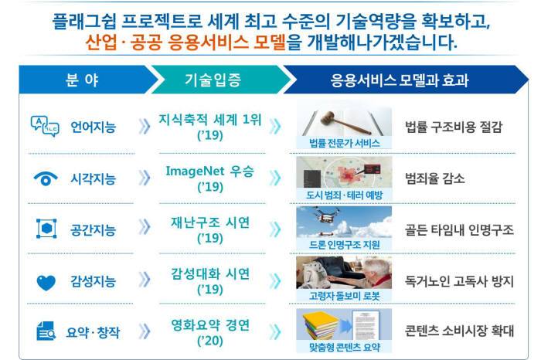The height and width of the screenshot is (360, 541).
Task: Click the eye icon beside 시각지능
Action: [x=46, y=178]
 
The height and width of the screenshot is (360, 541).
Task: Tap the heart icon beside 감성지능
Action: [x=46, y=283]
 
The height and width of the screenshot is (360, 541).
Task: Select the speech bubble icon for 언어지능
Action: [x=45, y=126]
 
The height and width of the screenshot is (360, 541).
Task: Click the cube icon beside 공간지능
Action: [x=46, y=228]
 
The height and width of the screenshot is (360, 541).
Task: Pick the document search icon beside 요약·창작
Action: [x=46, y=331]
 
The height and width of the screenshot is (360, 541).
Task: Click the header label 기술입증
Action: [x=213, y=80]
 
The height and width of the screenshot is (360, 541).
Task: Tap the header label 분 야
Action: [x=82, y=80]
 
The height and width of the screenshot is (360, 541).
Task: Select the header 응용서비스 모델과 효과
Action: [x=400, y=80]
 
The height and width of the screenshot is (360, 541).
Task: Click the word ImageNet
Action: [x=195, y=171]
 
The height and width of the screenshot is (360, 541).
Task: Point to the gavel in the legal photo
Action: [x=345, y=122]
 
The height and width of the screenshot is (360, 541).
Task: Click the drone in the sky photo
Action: [x=325, y=217]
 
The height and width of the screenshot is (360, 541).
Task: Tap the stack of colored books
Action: [x=320, y=325]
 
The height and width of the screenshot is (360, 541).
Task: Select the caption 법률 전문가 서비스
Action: [x=345, y=143]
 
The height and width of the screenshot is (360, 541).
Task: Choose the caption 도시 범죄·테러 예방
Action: [x=345, y=195]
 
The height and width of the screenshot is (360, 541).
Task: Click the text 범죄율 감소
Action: [x=435, y=178]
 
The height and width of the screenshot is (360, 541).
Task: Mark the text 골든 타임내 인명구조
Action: [x=459, y=229]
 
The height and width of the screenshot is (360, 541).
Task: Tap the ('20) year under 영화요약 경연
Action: [x=210, y=341]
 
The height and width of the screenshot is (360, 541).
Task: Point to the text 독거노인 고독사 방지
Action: [x=459, y=281]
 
